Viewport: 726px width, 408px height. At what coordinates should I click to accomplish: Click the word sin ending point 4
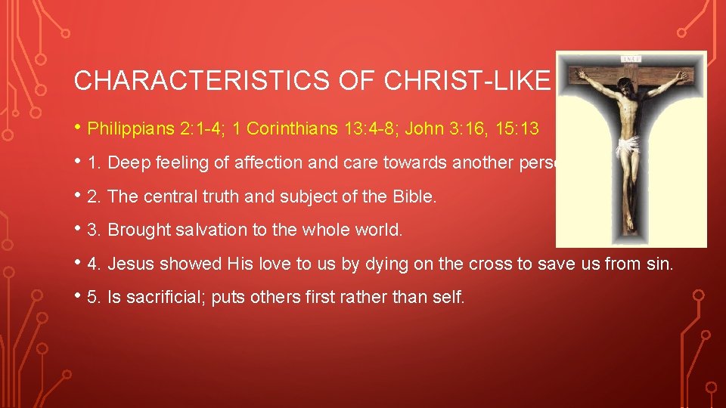(659, 264)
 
